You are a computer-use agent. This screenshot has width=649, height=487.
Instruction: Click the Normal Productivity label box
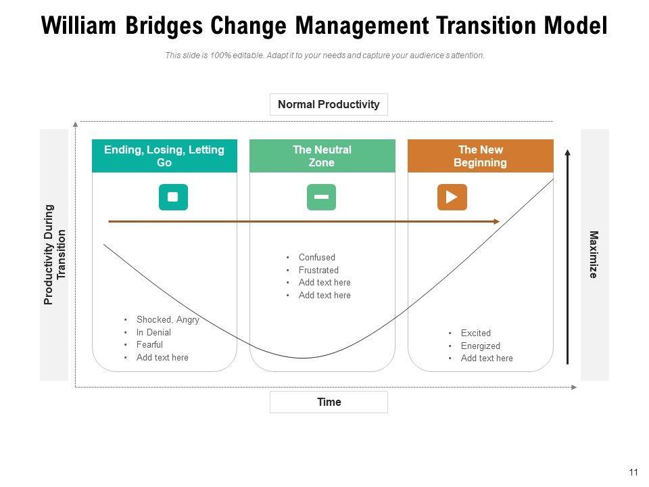tap(329, 105)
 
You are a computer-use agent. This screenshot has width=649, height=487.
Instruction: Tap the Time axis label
tap(329, 402)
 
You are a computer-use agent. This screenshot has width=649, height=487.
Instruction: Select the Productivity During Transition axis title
tap(55, 254)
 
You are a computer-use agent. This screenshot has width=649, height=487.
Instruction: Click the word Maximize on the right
tap(594, 254)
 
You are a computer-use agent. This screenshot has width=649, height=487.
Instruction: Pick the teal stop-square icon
tap(173, 197)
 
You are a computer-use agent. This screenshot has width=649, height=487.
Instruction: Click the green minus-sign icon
tap(321, 197)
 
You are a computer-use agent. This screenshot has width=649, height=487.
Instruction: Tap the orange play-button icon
tap(452, 197)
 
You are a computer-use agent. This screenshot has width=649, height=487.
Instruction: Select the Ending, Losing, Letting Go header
tap(164, 156)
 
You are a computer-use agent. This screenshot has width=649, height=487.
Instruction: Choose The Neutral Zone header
tap(322, 156)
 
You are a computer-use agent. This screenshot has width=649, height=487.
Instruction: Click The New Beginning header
tap(480, 156)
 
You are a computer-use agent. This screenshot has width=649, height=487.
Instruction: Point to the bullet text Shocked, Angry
tap(168, 320)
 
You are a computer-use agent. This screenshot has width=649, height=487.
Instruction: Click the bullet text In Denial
tap(153, 333)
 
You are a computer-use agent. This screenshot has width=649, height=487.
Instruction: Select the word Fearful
tap(149, 345)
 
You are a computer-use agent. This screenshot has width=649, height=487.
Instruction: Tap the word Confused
tap(316, 258)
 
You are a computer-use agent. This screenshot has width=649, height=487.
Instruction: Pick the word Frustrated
tap(318, 271)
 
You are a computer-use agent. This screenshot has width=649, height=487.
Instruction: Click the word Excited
tap(475, 333)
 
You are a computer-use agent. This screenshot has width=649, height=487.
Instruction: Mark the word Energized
tap(480, 346)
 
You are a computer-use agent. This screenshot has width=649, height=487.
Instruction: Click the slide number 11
tap(633, 472)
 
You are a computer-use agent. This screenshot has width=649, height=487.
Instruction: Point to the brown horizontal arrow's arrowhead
tap(496, 221)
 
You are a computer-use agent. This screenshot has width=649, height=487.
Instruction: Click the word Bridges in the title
tap(163, 26)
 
